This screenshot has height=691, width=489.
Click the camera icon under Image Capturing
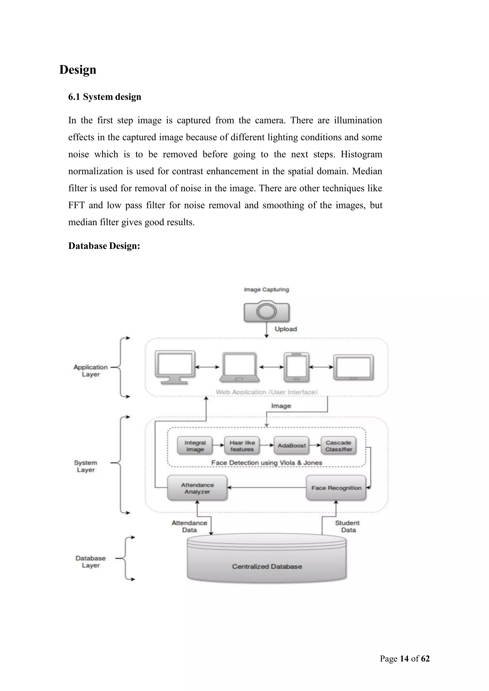pyautogui.click(x=266, y=312)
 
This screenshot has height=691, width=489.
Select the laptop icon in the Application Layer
pyautogui.click(x=240, y=367)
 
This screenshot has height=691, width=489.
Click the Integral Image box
pyautogui.click(x=195, y=446)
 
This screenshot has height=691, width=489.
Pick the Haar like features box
pyautogui.click(x=242, y=446)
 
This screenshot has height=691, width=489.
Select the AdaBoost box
pyautogui.click(x=292, y=445)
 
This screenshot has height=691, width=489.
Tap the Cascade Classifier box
pyautogui.click(x=338, y=446)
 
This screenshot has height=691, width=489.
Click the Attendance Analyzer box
pyautogui.click(x=197, y=488)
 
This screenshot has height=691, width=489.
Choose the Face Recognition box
pyautogui.click(x=336, y=488)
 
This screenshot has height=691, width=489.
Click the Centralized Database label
pyautogui.click(x=267, y=566)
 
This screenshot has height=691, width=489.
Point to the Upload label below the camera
pyautogui.click(x=286, y=329)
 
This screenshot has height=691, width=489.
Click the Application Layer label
pyautogui.click(x=91, y=371)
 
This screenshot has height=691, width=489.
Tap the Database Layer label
pyautogui.click(x=91, y=562)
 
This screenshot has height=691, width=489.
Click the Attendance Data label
pyautogui.click(x=189, y=526)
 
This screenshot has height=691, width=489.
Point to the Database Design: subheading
pyautogui.click(x=104, y=246)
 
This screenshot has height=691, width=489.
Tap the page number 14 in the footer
pyautogui.click(x=404, y=659)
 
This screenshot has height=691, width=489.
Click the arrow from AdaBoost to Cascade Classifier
pyautogui.click(x=315, y=445)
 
